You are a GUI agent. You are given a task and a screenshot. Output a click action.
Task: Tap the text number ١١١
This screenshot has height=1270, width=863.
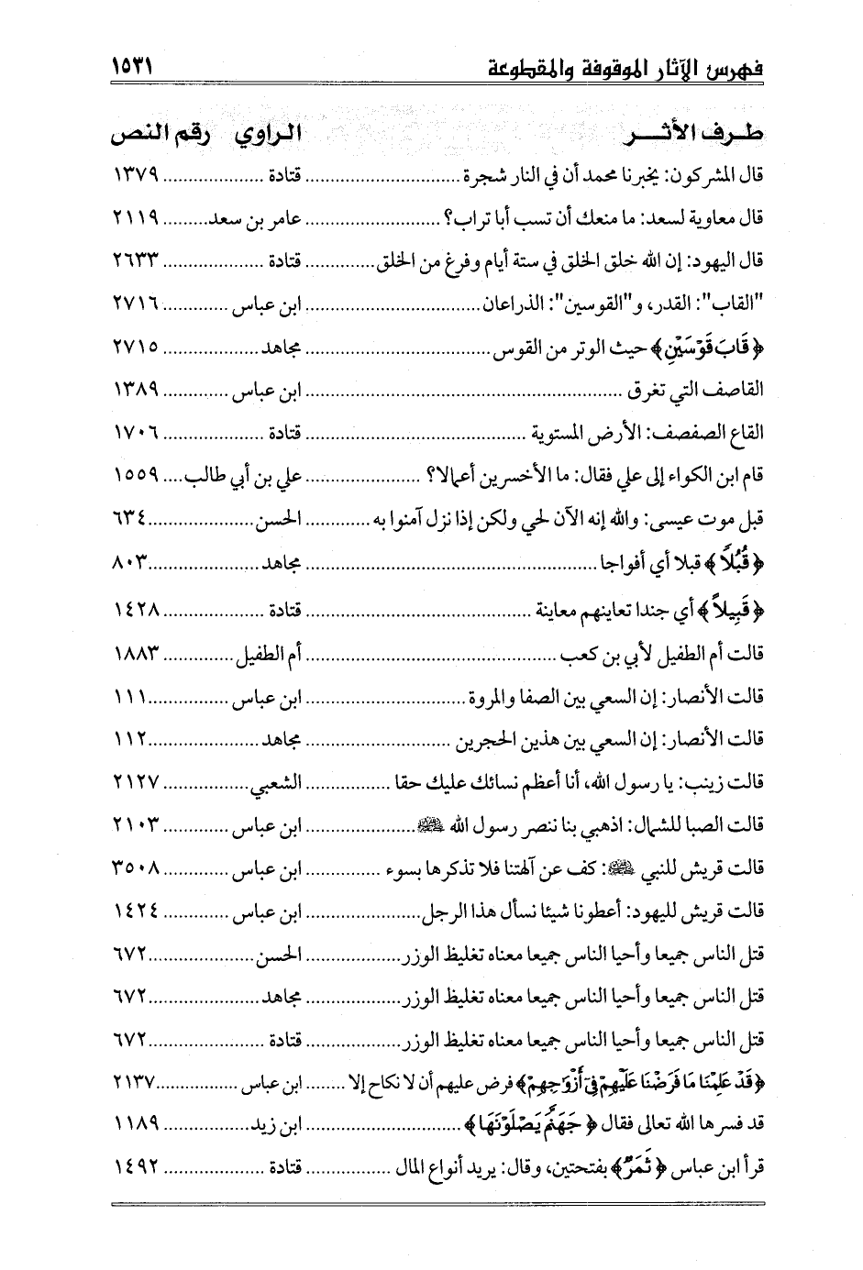point(131,694)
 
